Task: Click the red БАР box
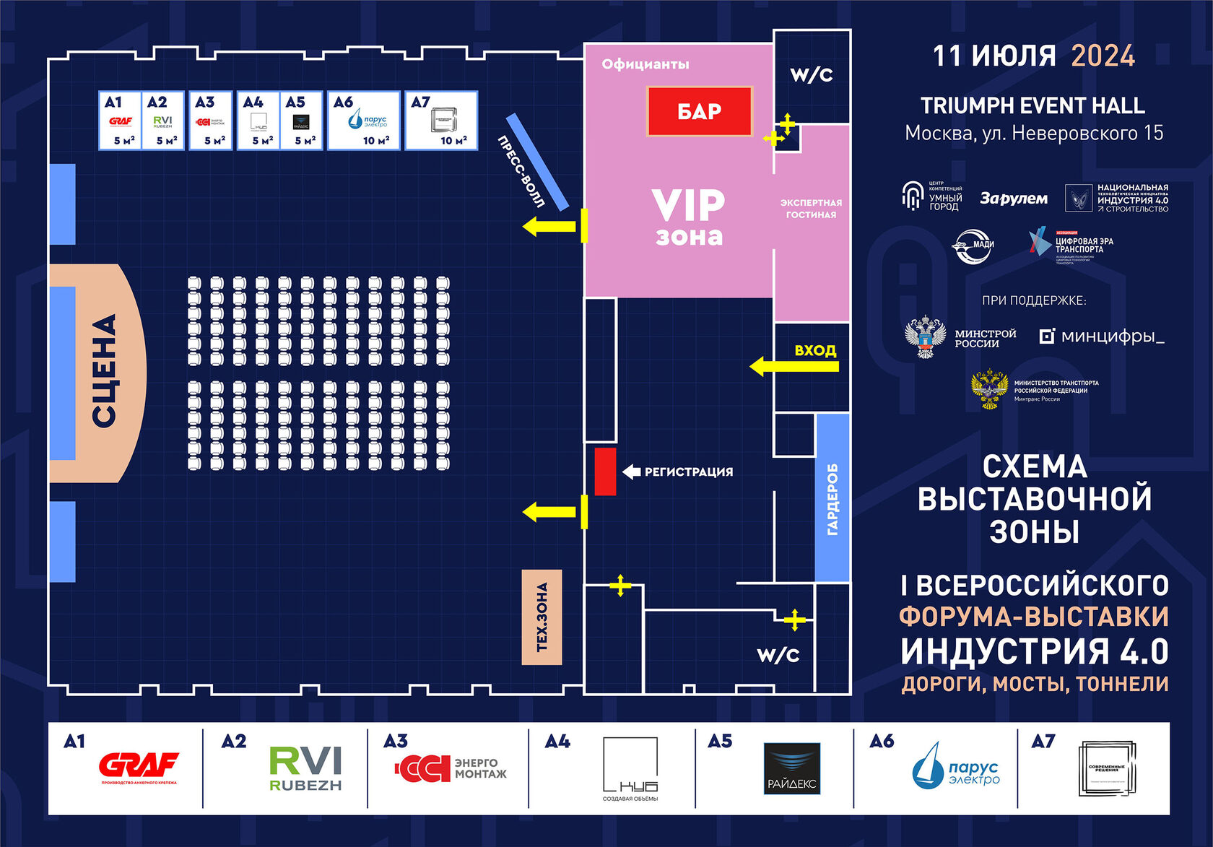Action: point(699,111)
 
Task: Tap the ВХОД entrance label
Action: point(815,351)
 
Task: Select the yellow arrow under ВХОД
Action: point(794,367)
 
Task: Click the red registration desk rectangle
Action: point(605,472)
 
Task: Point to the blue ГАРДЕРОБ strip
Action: point(832,498)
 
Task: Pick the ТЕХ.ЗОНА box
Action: point(542,617)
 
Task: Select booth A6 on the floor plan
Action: point(364,121)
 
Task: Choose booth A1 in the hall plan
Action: point(120,121)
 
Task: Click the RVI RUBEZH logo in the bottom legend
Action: point(305,768)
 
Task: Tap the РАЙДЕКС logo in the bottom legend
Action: point(792,769)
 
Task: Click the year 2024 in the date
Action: point(1103,56)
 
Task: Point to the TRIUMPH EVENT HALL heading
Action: point(1032,106)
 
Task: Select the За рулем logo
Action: point(1013,198)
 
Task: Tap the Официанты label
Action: point(645,64)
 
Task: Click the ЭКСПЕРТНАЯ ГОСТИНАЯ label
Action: point(811,209)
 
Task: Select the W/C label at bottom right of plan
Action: point(778,655)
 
